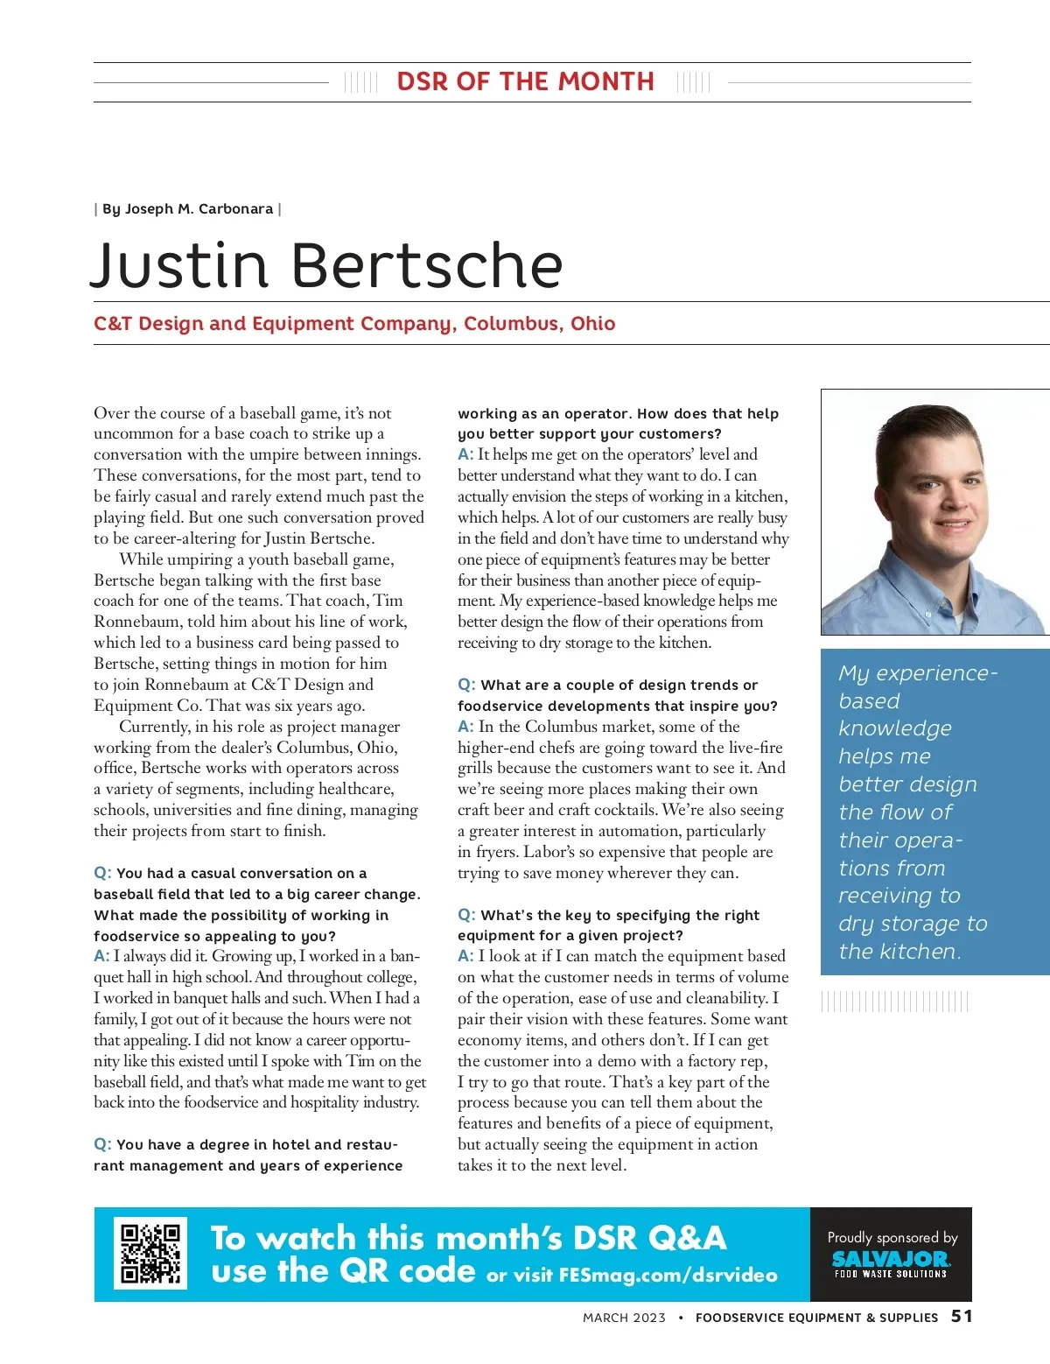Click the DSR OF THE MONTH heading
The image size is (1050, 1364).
[525, 81]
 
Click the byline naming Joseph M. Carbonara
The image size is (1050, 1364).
[187, 209]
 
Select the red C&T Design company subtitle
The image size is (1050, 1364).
[354, 324]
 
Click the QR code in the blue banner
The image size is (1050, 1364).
[150, 1254]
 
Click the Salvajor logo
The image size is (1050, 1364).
[891, 1261]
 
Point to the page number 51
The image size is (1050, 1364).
[962, 1316]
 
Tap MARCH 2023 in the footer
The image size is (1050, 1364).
[624, 1318]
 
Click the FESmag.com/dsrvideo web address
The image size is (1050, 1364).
[668, 1276]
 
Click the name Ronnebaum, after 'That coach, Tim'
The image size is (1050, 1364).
[136, 622]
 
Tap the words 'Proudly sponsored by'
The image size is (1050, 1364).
[892, 1237]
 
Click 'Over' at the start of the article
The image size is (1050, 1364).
[110, 413]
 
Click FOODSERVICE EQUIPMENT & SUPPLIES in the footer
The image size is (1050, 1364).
[816, 1318]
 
